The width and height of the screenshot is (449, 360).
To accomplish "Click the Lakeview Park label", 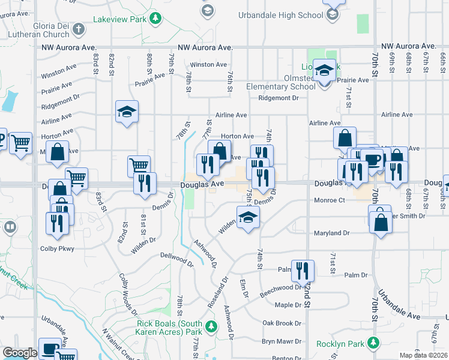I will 119,19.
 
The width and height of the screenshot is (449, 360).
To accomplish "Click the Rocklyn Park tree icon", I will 373,343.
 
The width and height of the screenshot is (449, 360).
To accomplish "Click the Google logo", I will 19,353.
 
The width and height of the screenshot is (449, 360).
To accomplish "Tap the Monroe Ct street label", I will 330,200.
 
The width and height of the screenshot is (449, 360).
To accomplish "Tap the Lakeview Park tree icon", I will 155,18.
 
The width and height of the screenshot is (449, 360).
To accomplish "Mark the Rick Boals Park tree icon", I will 210,327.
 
